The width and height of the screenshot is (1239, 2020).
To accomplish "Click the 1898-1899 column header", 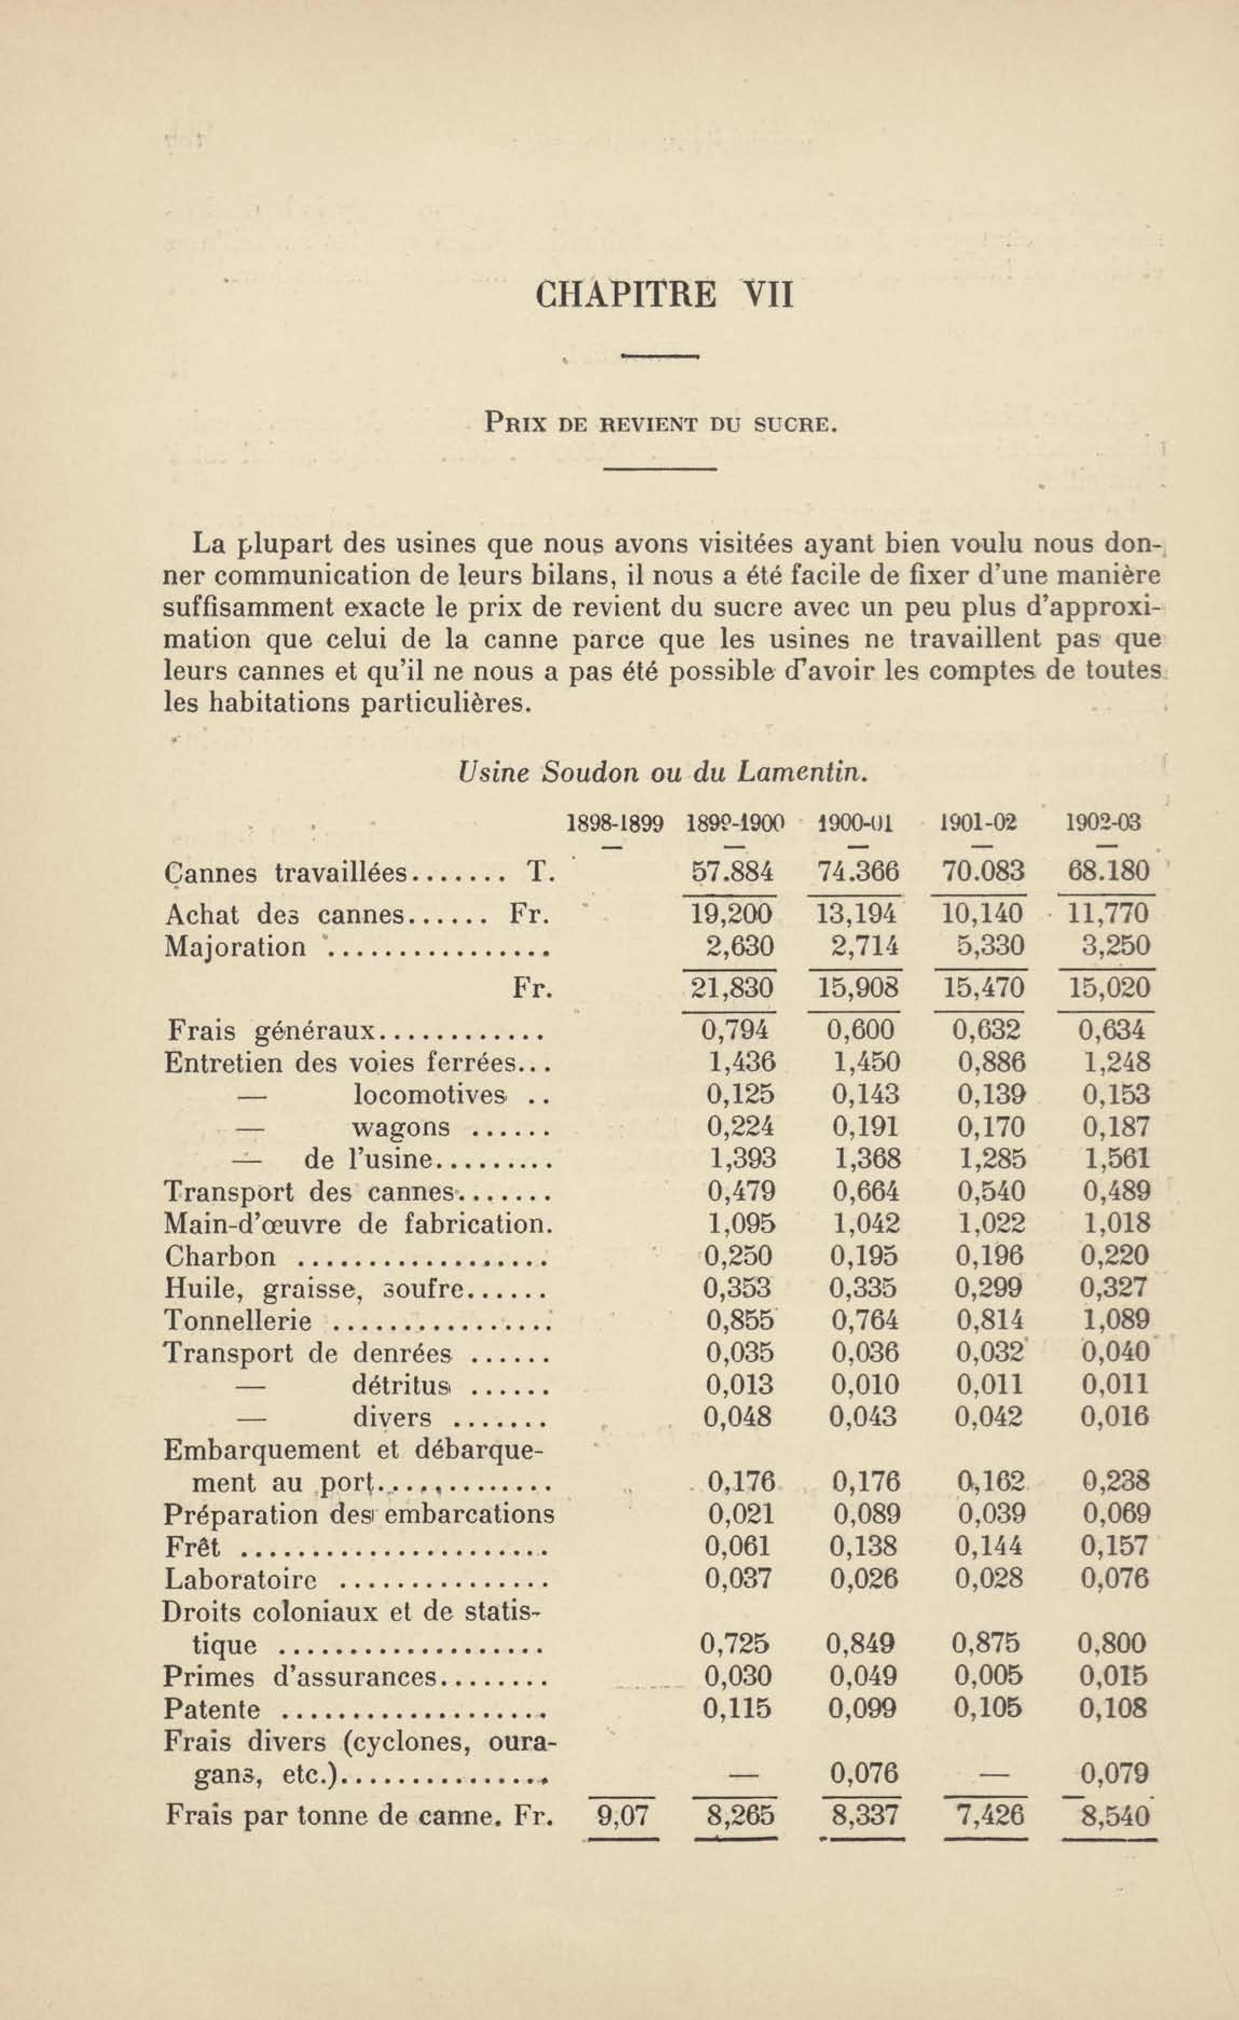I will coord(615,822).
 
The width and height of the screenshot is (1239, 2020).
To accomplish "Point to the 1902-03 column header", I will coord(1103,822).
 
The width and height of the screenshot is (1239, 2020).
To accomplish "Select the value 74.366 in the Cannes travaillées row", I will coord(858,872).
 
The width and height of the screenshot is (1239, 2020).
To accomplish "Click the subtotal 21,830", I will coord(729,988).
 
